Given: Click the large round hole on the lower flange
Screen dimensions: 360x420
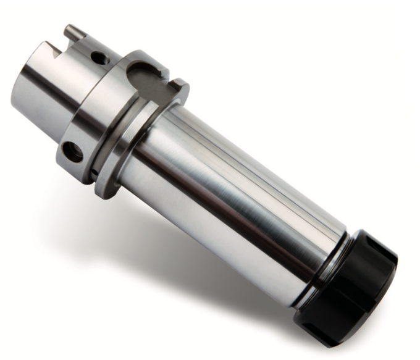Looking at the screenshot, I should click(72, 151).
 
